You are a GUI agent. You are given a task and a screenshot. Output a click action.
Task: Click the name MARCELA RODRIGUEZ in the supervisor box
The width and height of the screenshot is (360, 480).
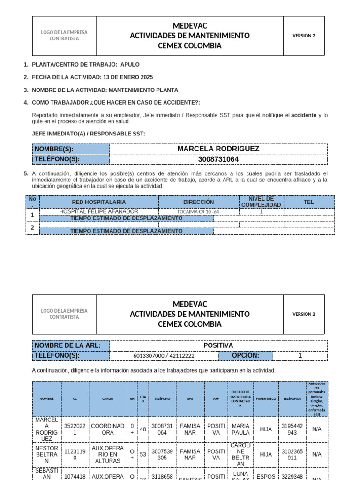[218, 149]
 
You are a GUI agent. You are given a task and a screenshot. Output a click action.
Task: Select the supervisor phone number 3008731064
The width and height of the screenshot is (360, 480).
[218, 159]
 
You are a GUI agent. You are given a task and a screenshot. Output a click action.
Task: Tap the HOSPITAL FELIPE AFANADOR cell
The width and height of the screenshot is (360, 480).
[99, 211]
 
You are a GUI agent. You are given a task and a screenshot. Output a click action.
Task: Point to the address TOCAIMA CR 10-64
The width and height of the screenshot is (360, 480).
[198, 212]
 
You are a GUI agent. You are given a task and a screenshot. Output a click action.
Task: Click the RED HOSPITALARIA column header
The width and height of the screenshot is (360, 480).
[99, 202]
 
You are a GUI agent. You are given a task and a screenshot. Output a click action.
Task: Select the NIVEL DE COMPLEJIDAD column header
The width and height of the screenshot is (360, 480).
[261, 202]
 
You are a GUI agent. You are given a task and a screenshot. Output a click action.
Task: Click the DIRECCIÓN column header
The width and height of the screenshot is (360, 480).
[198, 202]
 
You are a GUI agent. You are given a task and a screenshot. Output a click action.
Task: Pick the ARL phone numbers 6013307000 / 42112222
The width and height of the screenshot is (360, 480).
[164, 356]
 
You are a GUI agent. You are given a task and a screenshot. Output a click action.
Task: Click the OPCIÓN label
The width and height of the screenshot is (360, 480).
[245, 355]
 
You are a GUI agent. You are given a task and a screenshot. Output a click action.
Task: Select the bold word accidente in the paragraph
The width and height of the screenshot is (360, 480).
[304, 115]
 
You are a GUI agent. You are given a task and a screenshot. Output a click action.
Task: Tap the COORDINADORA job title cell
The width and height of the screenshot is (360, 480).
[107, 429]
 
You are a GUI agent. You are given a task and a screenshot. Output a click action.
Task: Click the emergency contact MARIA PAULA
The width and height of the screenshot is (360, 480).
[240, 429]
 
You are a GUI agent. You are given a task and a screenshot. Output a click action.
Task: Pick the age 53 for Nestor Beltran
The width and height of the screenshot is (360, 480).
[142, 454]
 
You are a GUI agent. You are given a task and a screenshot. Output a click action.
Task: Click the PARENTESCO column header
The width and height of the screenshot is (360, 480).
[266, 399]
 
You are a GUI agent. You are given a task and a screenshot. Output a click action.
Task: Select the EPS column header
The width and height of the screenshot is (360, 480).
[190, 399]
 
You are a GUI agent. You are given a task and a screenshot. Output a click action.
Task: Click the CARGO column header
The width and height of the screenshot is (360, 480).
[107, 399]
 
